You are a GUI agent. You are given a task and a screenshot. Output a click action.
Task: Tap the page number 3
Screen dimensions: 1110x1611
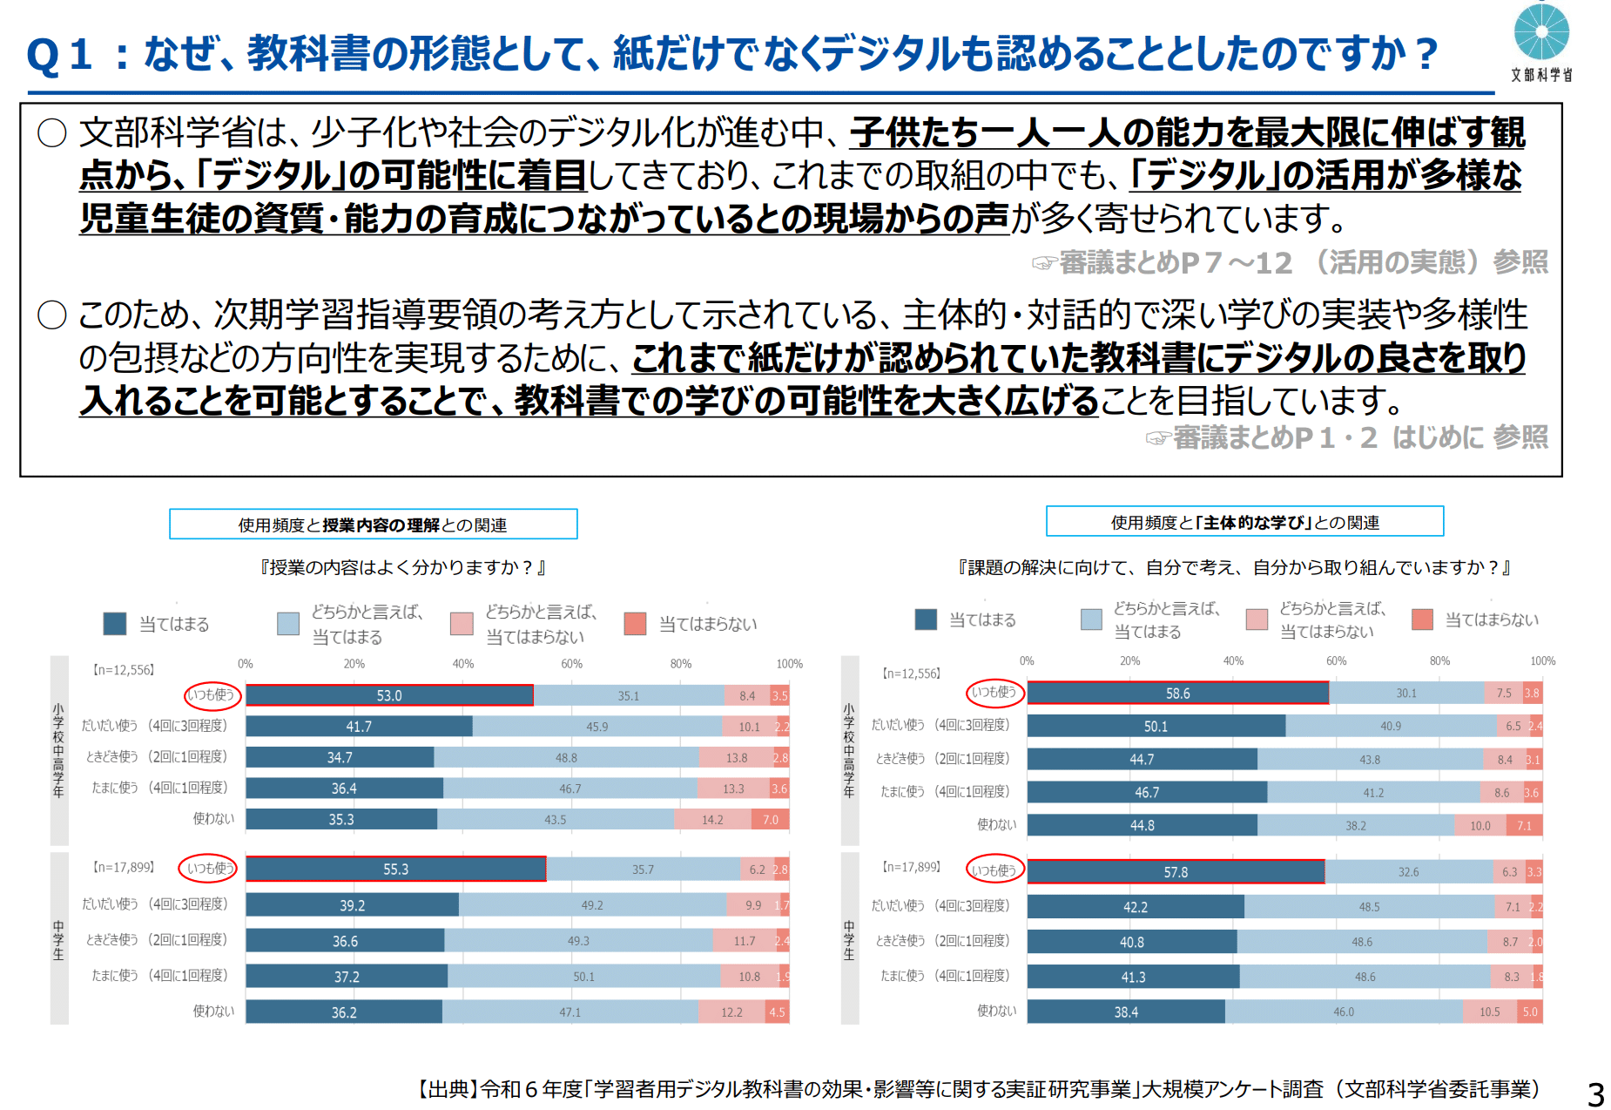(1595, 1093)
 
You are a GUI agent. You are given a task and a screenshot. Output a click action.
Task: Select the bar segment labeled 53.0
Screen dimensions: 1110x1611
(389, 695)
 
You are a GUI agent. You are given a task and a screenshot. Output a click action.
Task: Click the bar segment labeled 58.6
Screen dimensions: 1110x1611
(1177, 694)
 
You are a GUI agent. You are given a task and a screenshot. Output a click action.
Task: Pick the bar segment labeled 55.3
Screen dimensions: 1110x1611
(395, 870)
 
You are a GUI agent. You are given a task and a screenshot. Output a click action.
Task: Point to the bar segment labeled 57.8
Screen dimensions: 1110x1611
(1176, 872)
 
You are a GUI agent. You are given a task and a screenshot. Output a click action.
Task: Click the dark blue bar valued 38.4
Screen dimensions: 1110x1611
(1126, 1012)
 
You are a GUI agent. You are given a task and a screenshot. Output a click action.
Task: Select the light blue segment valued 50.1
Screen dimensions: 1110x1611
(583, 977)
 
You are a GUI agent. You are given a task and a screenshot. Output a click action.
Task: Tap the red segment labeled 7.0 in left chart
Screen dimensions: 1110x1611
(771, 820)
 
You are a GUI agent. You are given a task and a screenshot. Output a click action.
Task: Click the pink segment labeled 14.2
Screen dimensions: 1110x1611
(712, 820)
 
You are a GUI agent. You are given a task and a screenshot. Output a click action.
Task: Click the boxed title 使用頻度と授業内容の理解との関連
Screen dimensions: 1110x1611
(373, 525)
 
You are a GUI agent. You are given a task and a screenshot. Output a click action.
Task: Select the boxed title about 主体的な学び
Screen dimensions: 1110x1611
(1244, 522)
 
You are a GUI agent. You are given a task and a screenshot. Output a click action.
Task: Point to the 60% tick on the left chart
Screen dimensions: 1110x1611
(571, 664)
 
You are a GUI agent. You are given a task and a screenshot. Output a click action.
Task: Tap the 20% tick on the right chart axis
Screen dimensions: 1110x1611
(1129, 661)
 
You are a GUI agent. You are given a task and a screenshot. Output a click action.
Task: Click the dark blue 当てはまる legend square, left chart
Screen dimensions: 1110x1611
(114, 624)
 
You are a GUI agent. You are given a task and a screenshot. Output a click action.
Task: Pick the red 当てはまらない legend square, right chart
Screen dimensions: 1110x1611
(1422, 619)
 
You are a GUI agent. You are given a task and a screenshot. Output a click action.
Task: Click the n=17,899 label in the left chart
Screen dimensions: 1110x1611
(123, 868)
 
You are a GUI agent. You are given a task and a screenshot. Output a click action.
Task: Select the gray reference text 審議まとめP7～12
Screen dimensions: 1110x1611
(1176, 262)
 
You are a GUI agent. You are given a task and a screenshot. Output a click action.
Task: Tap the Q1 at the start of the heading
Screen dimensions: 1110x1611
(58, 55)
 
